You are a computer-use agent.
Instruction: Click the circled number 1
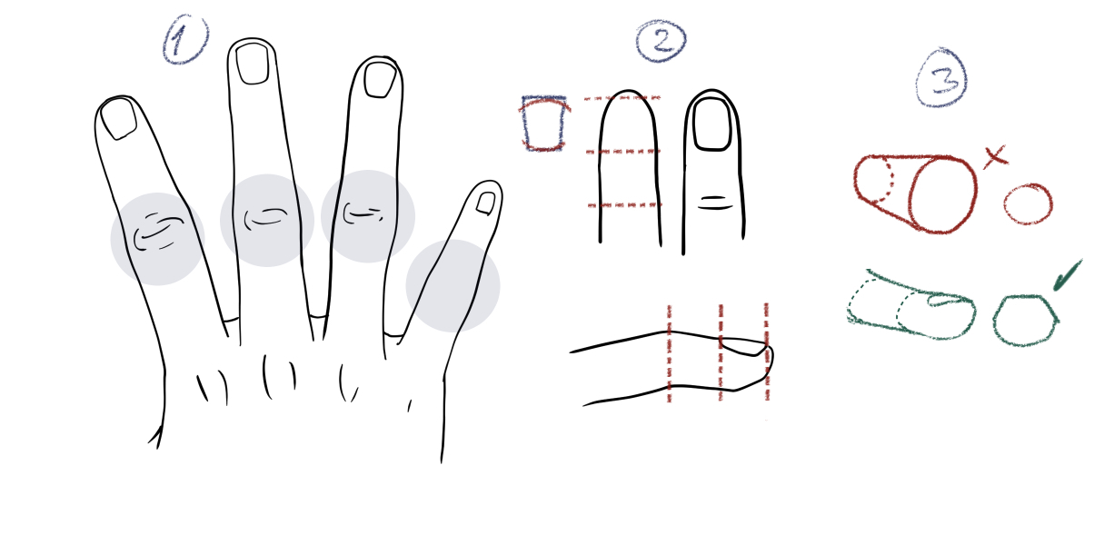[185, 39]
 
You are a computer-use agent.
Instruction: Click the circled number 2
[661, 41]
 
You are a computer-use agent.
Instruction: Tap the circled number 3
[942, 78]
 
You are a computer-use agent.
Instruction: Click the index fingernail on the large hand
[118, 118]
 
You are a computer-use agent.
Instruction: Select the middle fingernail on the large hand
[253, 63]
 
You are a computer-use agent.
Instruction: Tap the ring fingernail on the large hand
[380, 80]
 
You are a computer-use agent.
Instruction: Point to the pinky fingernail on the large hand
[486, 203]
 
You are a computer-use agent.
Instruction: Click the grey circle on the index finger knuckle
[158, 239]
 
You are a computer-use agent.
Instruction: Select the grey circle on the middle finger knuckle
[266, 220]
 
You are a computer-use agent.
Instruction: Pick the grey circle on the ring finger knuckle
[368, 216]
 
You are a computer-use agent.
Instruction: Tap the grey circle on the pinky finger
[453, 286]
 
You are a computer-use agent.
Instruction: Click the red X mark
[995, 158]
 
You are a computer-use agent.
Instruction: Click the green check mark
[1067, 276]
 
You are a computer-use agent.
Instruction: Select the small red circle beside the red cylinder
[1028, 203]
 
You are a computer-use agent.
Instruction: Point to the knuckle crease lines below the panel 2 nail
[716, 203]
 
